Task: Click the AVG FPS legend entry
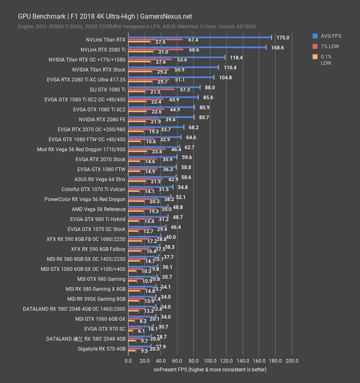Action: [x=331, y=36]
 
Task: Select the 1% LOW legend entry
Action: [x=330, y=46]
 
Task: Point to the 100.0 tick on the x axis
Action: [x=210, y=361]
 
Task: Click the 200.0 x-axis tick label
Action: [x=292, y=361]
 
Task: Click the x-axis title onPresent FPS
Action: [x=210, y=369]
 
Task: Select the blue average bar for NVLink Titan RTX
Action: [x=200, y=37]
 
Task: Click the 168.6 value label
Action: [x=277, y=48]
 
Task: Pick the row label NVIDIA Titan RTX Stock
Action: [x=99, y=70]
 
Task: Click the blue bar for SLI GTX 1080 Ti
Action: [x=164, y=87]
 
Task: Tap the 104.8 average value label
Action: [x=225, y=78]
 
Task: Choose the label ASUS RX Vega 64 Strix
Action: [x=100, y=179]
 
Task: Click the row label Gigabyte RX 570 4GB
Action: [x=101, y=349]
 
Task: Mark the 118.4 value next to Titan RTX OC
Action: [x=236, y=58]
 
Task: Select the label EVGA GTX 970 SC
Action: [x=105, y=329]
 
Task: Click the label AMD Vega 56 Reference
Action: [x=99, y=209]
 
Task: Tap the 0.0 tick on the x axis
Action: [x=128, y=361]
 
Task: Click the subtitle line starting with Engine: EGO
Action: [x=136, y=27]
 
